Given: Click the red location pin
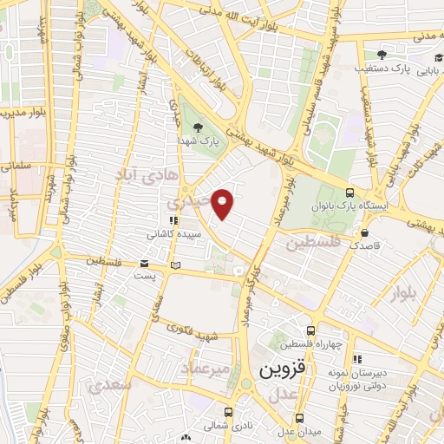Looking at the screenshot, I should coord(224,203).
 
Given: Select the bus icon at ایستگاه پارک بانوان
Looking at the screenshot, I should coord(349,193).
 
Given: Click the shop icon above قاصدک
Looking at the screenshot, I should coord(364,232).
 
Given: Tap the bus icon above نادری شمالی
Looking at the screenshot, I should coord(228,413).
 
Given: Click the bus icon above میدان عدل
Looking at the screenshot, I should coord(299,417).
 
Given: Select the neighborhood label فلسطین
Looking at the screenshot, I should coord(313,244).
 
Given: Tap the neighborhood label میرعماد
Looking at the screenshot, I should coord(207,370).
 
